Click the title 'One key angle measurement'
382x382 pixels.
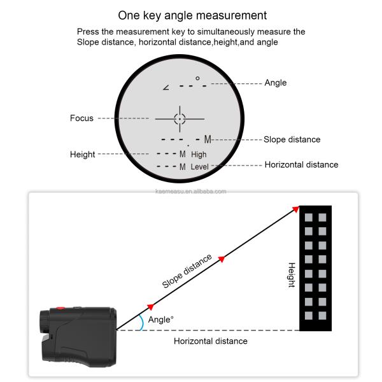click(x=192, y=15)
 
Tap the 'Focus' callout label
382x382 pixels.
click(x=81, y=118)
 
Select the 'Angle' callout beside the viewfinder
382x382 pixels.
click(x=276, y=83)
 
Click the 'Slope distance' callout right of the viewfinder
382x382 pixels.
click(x=292, y=139)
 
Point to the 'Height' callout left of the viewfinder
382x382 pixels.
click(x=82, y=155)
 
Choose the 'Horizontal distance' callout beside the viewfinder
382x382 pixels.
click(x=301, y=165)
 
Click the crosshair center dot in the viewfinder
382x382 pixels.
click(x=180, y=119)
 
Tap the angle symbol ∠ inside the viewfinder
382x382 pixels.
click(x=166, y=87)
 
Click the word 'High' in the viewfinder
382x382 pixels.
click(x=199, y=155)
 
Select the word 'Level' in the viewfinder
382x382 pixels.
click(x=199, y=167)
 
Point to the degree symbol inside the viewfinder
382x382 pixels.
click(x=197, y=78)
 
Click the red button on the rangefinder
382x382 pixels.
click(x=60, y=308)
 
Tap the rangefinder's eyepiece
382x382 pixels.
click(x=45, y=322)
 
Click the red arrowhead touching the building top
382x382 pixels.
click(x=296, y=209)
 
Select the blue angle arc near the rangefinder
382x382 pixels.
click(x=142, y=322)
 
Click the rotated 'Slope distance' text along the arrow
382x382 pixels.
click(x=187, y=271)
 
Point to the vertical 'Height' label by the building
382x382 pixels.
click(x=292, y=275)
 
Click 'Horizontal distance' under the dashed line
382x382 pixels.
click(x=211, y=341)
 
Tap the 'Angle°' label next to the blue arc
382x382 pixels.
click(x=160, y=320)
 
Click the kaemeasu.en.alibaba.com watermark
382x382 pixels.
click(x=191, y=192)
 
